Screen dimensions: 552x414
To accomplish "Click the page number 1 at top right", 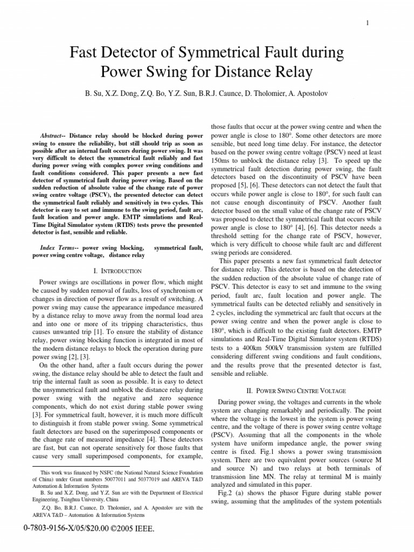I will click(367, 23).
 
